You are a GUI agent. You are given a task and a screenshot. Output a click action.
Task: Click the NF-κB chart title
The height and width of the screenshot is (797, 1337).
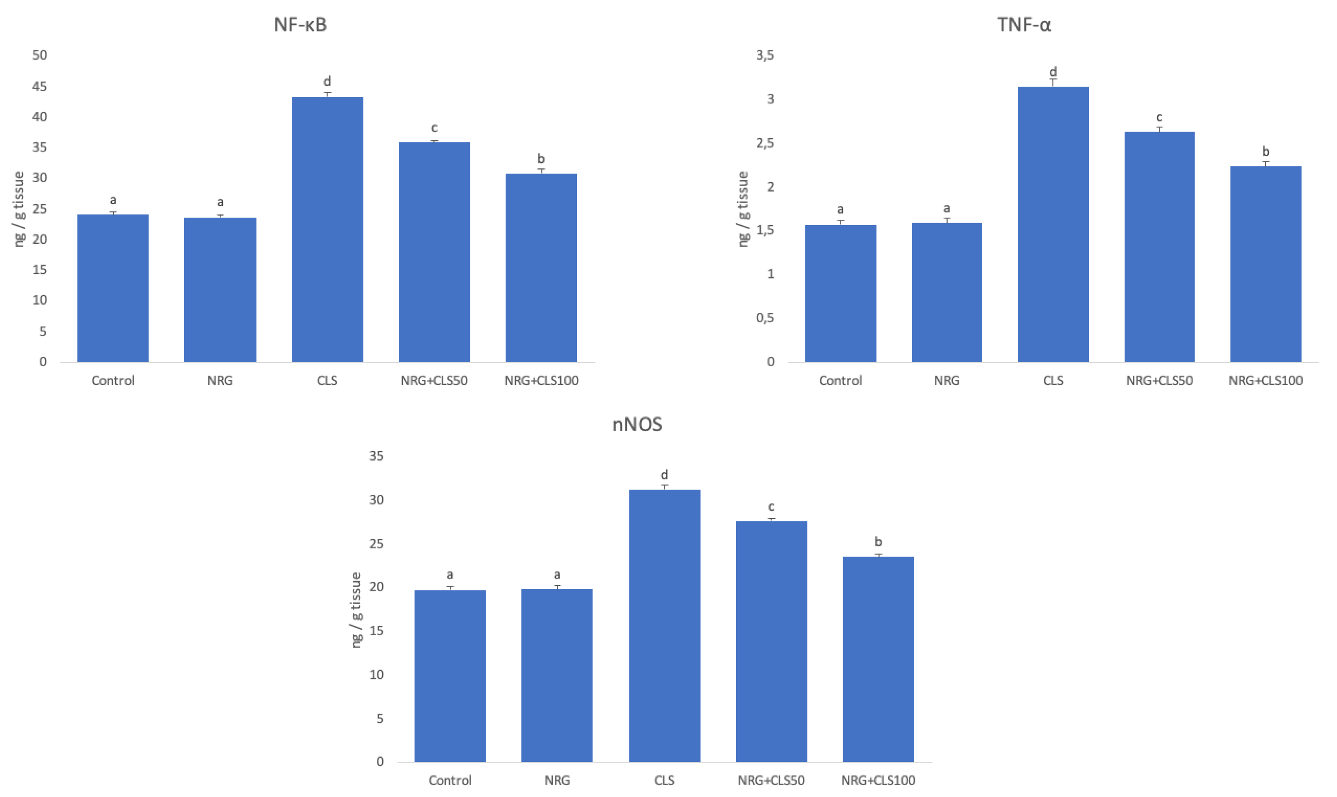(300, 25)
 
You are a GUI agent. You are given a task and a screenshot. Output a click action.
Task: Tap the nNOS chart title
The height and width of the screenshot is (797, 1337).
(637, 424)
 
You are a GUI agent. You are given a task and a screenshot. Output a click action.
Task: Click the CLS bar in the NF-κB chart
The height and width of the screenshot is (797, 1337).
(327, 231)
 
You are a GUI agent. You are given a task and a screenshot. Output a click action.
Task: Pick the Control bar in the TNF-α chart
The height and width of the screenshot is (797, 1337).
(840, 294)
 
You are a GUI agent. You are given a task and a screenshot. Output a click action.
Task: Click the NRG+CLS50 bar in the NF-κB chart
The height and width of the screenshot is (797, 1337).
(434, 252)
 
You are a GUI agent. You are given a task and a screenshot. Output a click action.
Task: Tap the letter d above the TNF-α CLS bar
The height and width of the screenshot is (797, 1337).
(1053, 72)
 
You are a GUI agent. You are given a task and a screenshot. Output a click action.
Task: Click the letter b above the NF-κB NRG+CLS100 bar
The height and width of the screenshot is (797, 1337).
(541, 158)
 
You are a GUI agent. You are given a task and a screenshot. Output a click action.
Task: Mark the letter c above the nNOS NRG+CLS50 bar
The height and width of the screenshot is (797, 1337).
(771, 507)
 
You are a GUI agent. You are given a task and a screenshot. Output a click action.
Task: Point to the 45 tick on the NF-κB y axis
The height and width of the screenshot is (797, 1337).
(39, 86)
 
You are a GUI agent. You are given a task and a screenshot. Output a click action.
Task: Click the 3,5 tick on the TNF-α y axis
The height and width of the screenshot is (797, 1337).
(765, 55)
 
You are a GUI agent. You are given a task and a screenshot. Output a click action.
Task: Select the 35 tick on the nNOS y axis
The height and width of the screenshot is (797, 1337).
(376, 456)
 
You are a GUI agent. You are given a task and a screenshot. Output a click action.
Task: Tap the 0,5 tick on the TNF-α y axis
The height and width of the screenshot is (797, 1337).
(765, 318)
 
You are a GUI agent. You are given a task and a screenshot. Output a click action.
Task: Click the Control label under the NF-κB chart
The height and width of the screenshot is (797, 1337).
(113, 381)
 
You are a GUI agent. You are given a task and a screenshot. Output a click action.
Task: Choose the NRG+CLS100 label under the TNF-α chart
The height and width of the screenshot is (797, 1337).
(1265, 381)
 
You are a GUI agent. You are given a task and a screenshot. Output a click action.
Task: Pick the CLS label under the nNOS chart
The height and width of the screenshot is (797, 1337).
(664, 780)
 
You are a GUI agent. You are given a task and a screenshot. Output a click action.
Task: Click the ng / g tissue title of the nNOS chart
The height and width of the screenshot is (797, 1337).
(356, 610)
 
